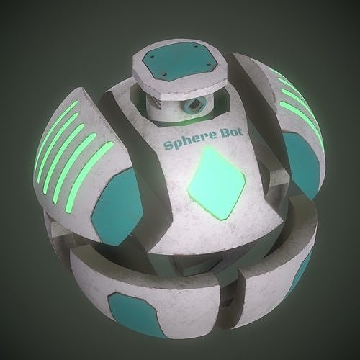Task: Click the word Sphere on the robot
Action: [184, 144]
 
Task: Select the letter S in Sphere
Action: [168, 146]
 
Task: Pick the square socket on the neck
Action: [194, 107]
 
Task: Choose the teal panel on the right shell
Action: [299, 166]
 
